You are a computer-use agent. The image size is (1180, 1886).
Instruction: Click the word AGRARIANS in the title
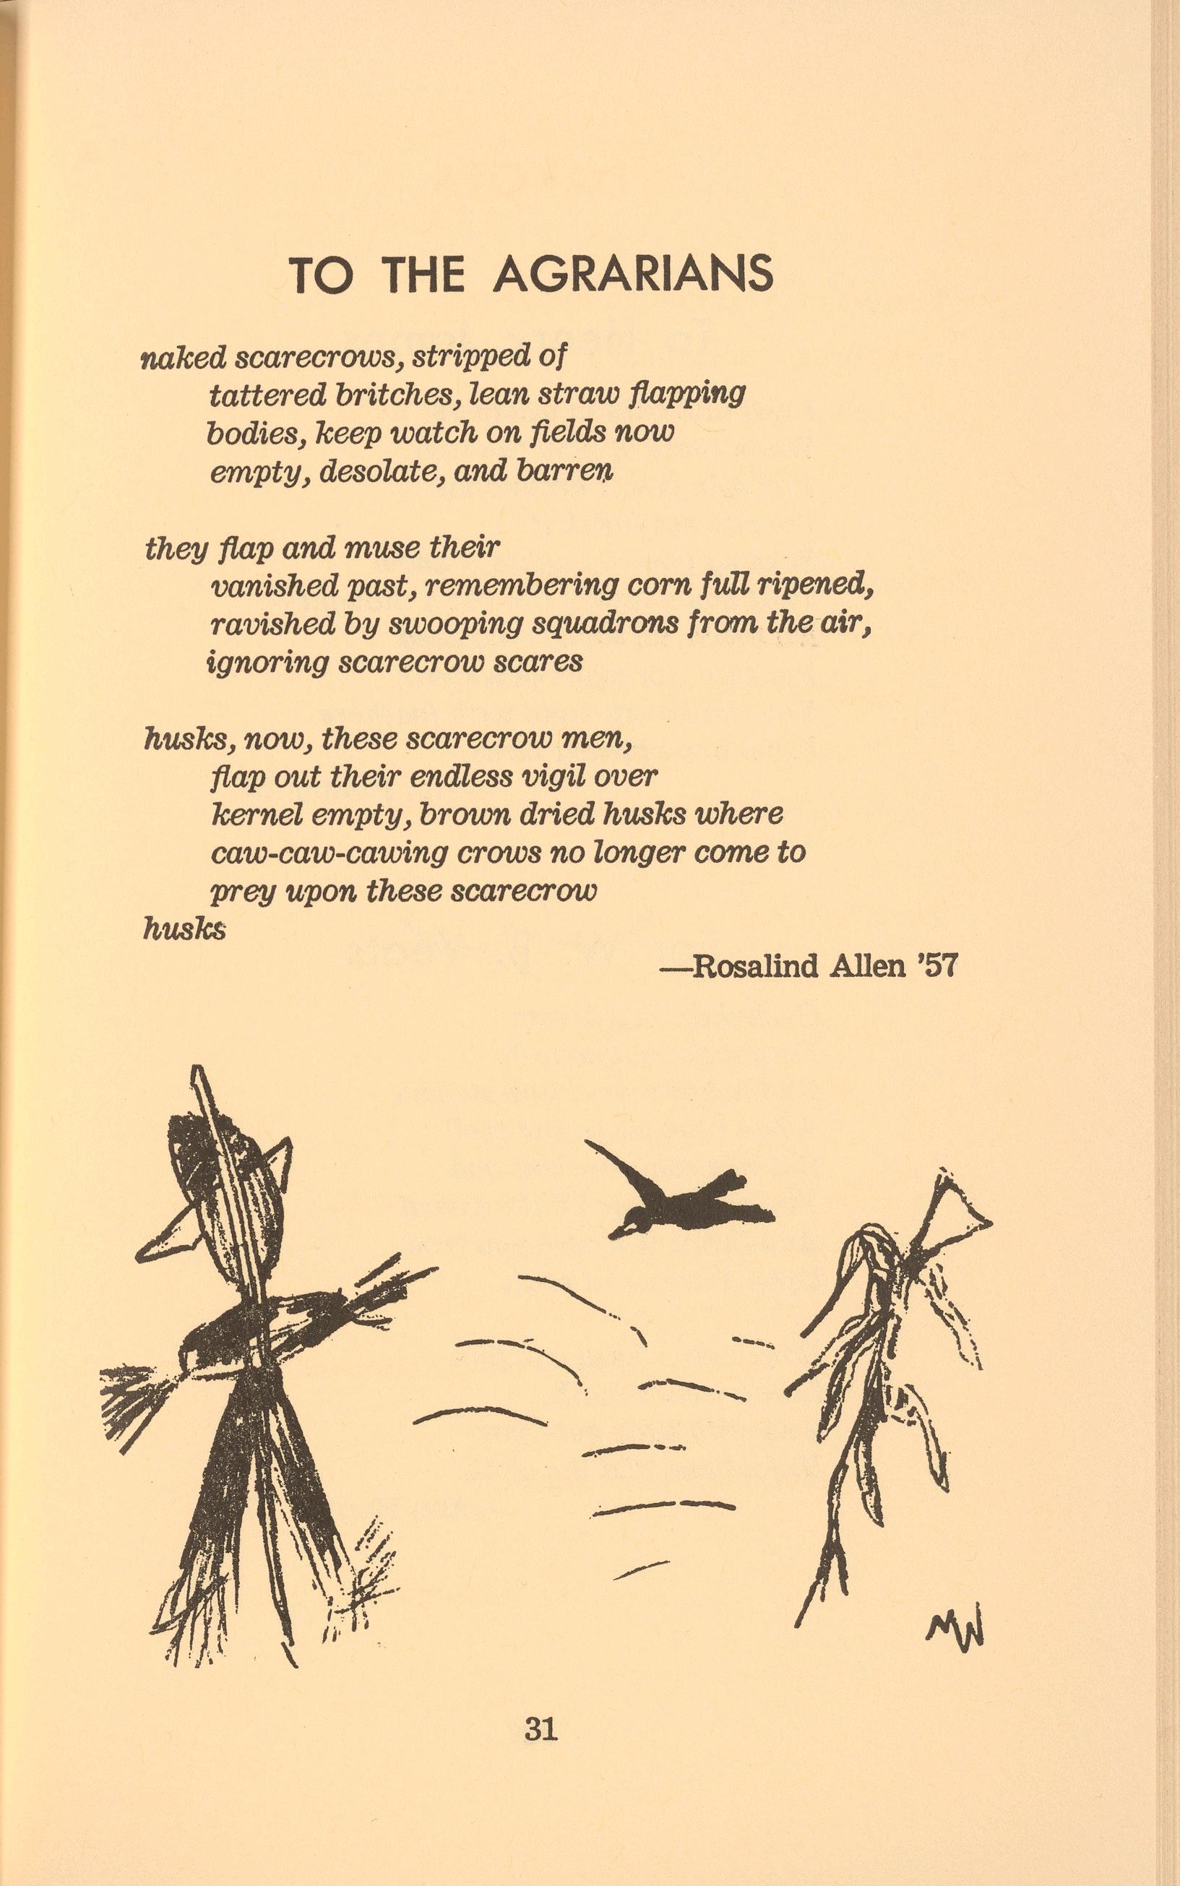pyautogui.click(x=633, y=274)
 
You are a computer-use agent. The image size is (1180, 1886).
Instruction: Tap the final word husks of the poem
pyautogui.click(x=184, y=929)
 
